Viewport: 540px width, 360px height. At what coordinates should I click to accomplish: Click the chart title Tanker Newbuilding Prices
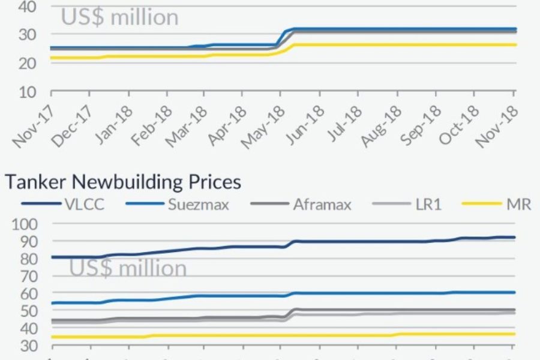coord(123,181)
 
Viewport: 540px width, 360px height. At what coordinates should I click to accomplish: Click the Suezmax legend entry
coord(198,204)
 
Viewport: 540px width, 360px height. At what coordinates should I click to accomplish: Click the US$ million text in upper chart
coord(119,17)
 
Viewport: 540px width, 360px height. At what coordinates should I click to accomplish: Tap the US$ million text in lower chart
coord(128,268)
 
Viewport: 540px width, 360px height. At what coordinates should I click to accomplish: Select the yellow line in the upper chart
coord(390,45)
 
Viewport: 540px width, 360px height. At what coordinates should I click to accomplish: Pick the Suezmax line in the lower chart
coord(390,293)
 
